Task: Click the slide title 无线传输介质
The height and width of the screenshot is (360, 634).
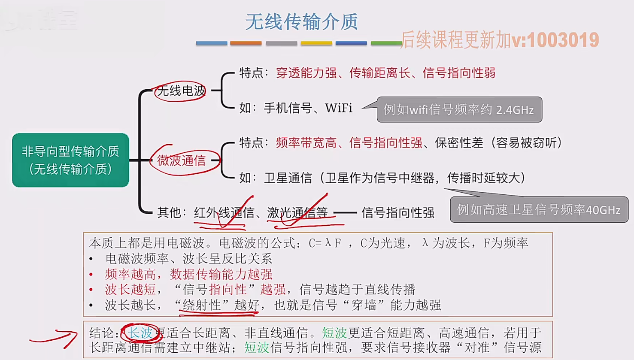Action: pos(301,22)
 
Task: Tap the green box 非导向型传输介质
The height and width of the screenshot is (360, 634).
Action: pos(70,160)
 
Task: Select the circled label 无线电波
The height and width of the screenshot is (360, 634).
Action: pos(181,91)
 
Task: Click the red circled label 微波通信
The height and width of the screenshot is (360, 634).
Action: pos(182,161)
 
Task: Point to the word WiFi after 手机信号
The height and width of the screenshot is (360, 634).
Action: pos(339,108)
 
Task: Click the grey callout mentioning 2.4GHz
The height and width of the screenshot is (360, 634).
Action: pos(459,110)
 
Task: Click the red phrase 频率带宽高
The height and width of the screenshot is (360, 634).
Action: pos(306,143)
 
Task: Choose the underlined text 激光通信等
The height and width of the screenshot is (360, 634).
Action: pos(297,213)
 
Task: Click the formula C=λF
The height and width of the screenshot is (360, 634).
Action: pos(325,243)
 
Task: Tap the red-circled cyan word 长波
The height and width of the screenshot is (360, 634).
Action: pos(141,333)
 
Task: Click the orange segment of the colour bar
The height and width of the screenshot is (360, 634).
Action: pos(246,43)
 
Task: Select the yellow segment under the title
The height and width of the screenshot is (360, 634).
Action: pos(316,43)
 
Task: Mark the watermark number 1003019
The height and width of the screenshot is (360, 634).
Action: pos(563,40)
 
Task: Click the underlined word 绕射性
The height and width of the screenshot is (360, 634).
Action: pos(201,306)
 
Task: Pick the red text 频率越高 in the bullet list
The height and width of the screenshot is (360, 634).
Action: pos(130,274)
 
